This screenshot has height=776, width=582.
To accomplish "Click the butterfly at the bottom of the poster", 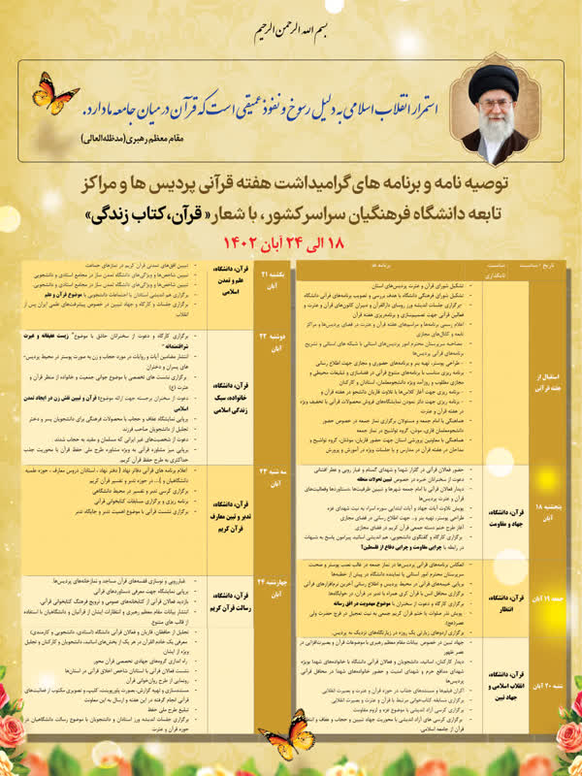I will click(288, 733).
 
